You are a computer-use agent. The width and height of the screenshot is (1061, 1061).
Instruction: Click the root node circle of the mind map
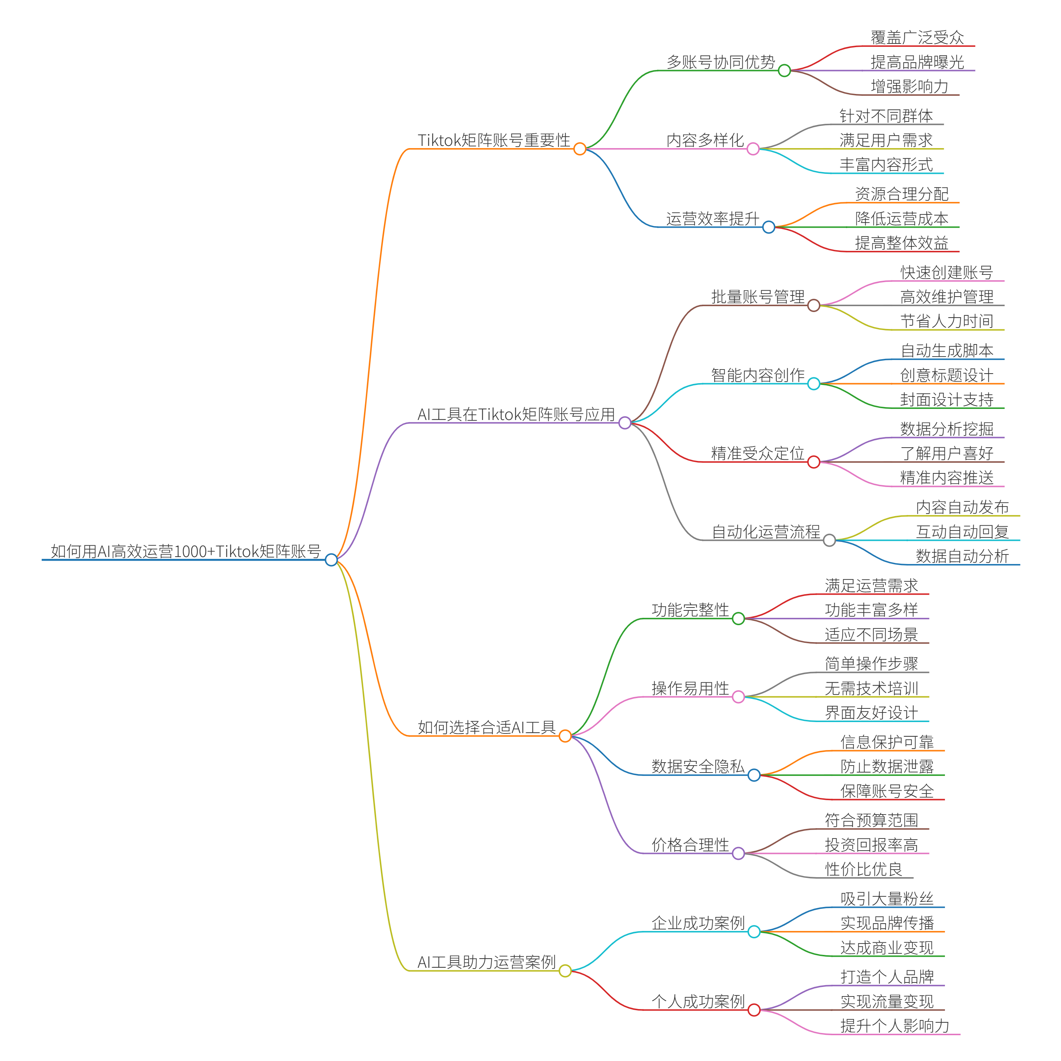point(331,560)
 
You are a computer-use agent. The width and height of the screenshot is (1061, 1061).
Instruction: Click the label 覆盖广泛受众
point(917,37)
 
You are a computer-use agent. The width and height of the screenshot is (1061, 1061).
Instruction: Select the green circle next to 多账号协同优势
point(784,70)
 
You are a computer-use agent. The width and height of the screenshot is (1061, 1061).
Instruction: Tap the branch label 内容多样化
point(705,140)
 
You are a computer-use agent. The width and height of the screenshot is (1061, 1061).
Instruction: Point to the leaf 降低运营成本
point(902,218)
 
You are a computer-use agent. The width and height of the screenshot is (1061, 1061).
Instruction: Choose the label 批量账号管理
point(758,297)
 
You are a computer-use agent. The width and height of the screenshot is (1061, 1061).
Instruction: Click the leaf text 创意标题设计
point(947,375)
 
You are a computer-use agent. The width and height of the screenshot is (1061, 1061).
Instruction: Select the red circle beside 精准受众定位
point(814,462)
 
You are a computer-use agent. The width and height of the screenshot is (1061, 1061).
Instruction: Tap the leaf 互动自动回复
point(962,532)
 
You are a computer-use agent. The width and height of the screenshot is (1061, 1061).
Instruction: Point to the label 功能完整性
point(690,610)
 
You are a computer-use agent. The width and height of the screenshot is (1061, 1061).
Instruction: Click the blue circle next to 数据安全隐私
point(754,775)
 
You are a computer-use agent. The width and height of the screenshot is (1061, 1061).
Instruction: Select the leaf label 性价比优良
point(863,869)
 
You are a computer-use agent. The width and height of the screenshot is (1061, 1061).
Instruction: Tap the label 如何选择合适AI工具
point(487,727)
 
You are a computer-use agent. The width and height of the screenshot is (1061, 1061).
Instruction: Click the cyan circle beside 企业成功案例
point(754,931)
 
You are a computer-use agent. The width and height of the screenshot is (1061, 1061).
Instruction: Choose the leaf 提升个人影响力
point(894,1025)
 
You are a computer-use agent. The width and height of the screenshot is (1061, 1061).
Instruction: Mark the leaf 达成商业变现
point(887,947)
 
